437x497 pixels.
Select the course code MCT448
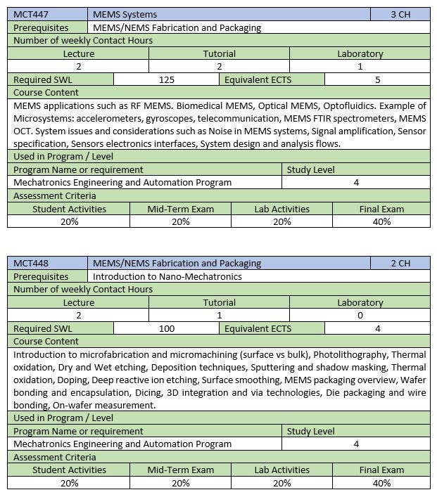pos(31,263)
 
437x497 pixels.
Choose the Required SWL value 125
pos(167,79)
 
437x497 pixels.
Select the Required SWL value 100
pos(167,328)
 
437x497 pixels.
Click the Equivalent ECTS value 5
pos(378,79)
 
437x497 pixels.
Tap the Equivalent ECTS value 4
pos(378,328)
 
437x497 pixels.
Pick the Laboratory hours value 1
pos(360,66)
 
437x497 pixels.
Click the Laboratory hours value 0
pos(360,315)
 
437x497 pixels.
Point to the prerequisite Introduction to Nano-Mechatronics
pos(167,276)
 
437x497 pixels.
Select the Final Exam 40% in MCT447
pos(381,221)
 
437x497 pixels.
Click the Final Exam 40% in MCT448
pos(381,483)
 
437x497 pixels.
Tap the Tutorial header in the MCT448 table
pos(220,302)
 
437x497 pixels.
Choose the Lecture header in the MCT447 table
pos(78,53)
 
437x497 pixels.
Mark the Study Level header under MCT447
pos(311,169)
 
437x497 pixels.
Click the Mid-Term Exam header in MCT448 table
pos(181,470)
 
